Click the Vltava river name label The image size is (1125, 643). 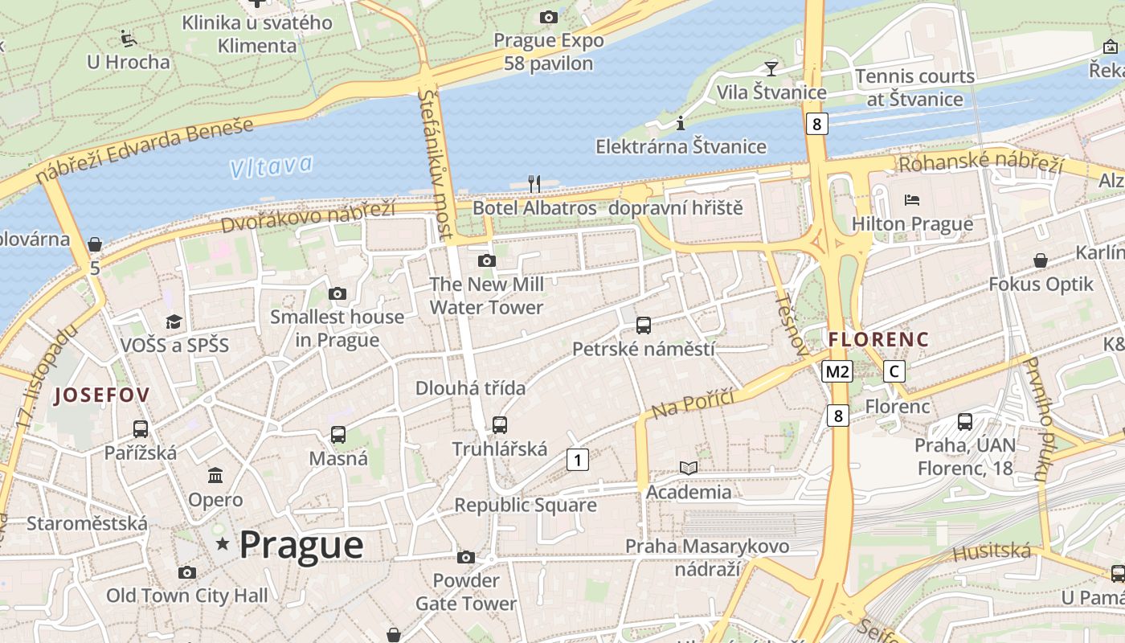click(271, 167)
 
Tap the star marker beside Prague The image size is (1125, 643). click(223, 545)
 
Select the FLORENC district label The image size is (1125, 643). click(878, 340)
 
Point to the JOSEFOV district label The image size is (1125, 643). click(102, 395)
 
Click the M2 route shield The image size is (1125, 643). click(837, 371)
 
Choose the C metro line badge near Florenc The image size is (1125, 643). click(894, 371)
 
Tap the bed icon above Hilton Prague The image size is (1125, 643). click(912, 200)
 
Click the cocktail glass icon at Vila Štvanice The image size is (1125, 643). click(771, 68)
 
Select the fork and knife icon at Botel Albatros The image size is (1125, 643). click(534, 184)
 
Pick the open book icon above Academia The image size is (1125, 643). click(689, 468)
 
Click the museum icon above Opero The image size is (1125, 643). click(215, 476)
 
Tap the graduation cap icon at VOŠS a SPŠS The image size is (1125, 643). click(174, 322)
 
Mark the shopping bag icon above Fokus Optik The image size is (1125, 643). click(1041, 260)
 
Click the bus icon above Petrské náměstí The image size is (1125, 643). click(643, 326)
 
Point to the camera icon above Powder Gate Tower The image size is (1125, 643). click(465, 557)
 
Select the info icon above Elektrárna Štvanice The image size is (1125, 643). click(681, 123)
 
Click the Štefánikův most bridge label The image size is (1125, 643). click(436, 165)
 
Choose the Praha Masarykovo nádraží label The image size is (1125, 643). click(707, 558)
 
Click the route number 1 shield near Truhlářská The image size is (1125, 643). click(577, 460)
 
